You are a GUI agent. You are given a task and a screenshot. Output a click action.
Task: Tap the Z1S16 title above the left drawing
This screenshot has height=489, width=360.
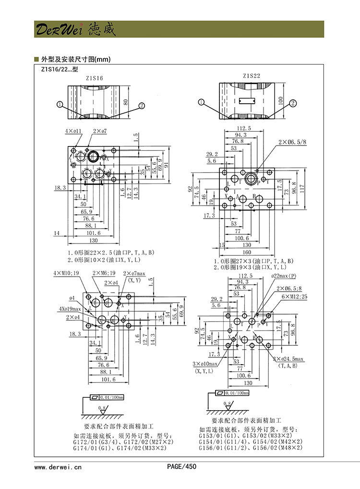click(94, 78)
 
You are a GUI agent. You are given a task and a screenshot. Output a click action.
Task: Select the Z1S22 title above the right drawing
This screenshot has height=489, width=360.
click(251, 76)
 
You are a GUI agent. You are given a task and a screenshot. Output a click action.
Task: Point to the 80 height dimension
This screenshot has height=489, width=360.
click(126, 102)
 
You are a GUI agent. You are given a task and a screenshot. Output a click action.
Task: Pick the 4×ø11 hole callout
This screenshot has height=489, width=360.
click(73, 131)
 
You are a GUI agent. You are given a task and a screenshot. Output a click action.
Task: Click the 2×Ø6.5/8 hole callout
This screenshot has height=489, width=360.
click(292, 142)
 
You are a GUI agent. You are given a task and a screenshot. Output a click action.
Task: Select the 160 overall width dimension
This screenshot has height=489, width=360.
click(247, 252)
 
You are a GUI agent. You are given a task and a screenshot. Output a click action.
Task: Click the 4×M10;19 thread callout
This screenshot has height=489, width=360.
click(66, 273)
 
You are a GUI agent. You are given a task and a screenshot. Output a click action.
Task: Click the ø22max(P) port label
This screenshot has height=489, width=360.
click(284, 276)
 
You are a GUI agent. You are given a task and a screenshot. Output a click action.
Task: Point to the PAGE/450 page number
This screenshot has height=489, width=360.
click(181, 466)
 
